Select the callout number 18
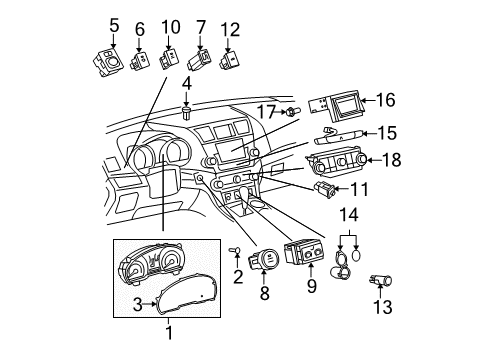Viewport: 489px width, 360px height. pyautogui.click(x=394, y=159)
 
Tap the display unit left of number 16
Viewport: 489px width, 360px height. pyautogui.click(x=339, y=101)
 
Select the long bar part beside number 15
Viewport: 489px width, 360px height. pyautogui.click(x=338, y=132)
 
